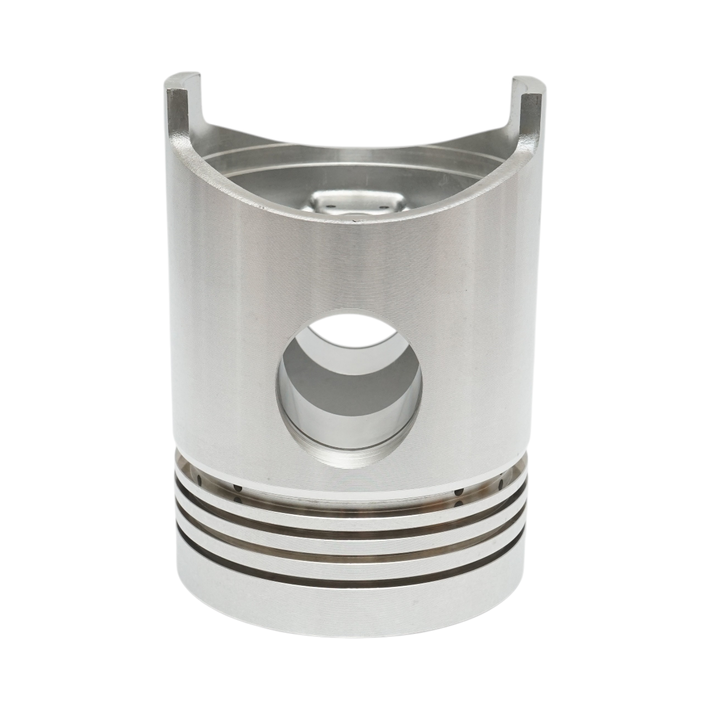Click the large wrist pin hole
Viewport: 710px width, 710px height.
pos(349,390)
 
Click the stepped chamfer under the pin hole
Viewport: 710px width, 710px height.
pos(349,459)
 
